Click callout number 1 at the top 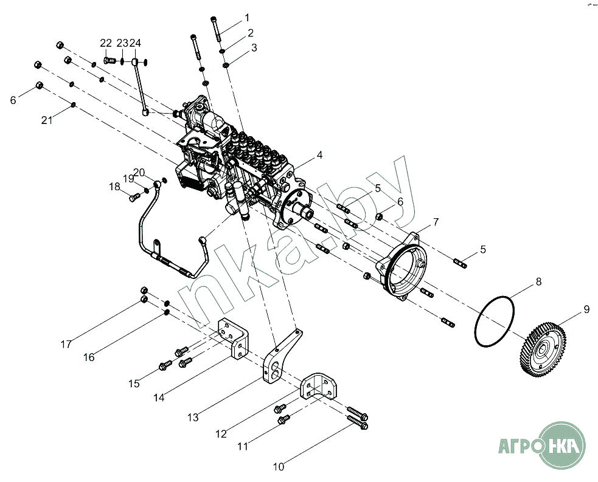point(246,17)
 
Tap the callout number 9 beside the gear point(586,309)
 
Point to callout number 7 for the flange point(436,222)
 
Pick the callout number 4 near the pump point(319,155)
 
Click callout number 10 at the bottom point(278,467)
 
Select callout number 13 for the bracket point(193,418)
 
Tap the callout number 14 point(159,398)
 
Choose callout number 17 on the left point(66,344)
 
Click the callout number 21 point(47,120)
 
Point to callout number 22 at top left point(106,43)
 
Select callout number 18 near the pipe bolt point(115,187)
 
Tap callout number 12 point(221,434)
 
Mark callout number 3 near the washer point(254,47)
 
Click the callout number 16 point(89,357)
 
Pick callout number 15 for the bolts point(134,384)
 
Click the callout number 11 point(243,447)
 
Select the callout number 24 point(135,43)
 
